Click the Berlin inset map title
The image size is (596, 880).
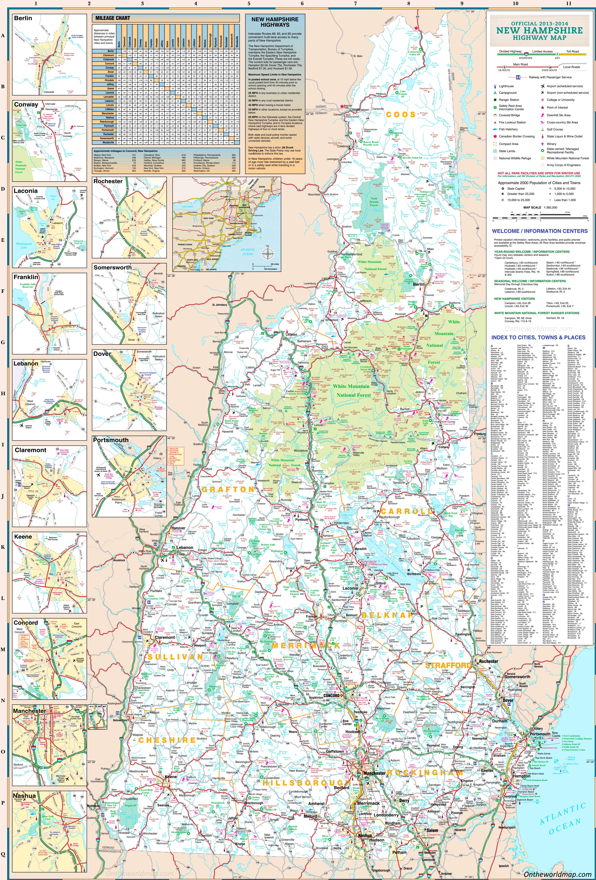pos(23,18)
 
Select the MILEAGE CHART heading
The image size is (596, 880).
pos(113,18)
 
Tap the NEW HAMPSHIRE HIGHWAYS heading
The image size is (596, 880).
pos(275,22)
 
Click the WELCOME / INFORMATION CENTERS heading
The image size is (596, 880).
pos(540,231)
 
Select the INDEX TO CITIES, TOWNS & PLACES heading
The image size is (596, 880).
pos(538,337)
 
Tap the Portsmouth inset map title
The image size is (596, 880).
pos(111,440)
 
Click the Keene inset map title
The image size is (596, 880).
pos(23,537)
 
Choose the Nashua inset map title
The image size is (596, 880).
pos(24,796)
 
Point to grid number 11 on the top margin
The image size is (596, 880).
pos(568,3)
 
